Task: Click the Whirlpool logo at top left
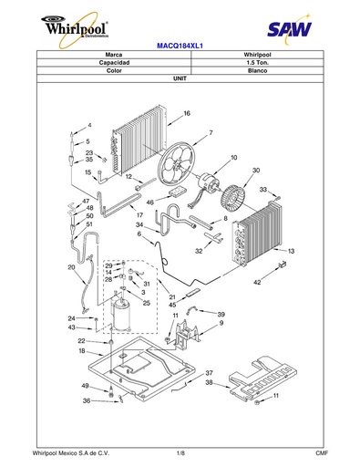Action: (x=75, y=29)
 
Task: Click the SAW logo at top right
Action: (x=289, y=29)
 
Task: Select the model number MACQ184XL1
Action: (x=180, y=46)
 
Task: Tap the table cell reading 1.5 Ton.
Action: (x=257, y=63)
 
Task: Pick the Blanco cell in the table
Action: (x=257, y=70)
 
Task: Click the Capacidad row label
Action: (x=114, y=63)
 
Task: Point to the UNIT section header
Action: (x=180, y=78)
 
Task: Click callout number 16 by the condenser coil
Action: (x=187, y=113)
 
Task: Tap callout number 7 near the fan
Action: (x=211, y=133)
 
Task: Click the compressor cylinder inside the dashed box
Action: (x=121, y=315)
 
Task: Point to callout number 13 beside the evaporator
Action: (x=291, y=251)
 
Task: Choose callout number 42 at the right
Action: (x=257, y=283)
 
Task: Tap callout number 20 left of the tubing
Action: (x=71, y=267)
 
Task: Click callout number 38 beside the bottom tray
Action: (x=209, y=382)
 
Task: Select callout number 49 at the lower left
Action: (x=85, y=386)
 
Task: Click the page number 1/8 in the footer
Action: (x=180, y=453)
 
